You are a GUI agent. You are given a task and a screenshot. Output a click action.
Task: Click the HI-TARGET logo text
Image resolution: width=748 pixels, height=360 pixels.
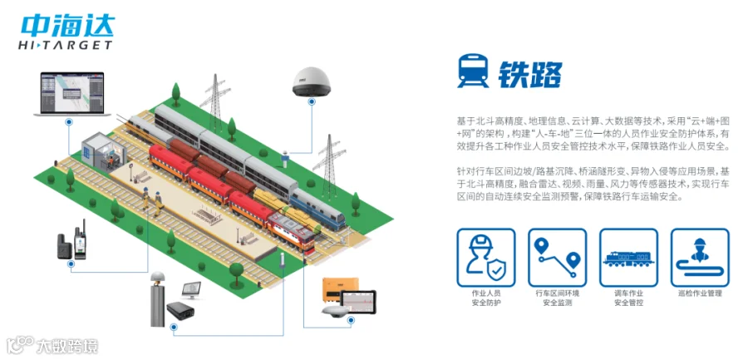[x=64, y=45]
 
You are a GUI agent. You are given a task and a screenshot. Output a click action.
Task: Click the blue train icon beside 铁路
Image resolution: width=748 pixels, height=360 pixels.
[x=472, y=72]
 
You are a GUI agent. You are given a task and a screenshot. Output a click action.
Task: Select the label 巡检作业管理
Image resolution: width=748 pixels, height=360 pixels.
[x=700, y=293]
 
